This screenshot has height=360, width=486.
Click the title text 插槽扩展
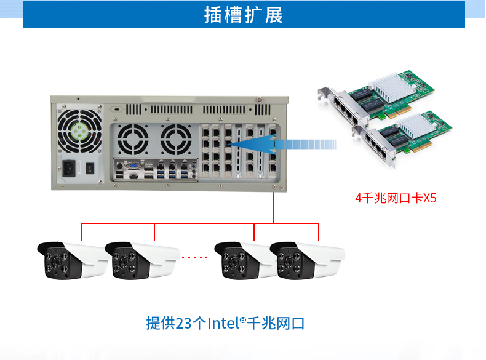(x=244, y=15)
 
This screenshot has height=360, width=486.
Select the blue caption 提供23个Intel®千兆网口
(x=226, y=322)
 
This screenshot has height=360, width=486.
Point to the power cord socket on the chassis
(x=70, y=168)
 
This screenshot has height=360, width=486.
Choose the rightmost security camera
(x=308, y=258)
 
